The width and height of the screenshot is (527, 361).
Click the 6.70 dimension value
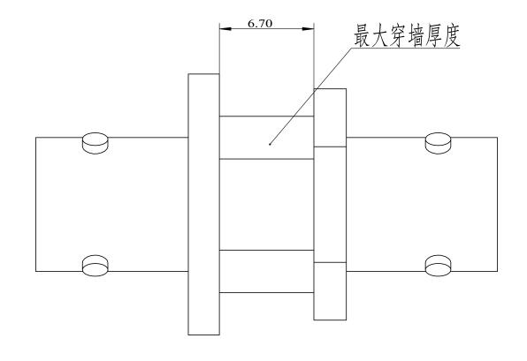tap(260, 24)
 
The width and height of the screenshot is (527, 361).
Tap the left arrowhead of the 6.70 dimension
tap(225, 29)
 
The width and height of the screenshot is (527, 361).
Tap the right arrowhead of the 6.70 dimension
tap(308, 29)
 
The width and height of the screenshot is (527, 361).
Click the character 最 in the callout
tap(363, 35)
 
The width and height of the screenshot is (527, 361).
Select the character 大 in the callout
tap(380, 35)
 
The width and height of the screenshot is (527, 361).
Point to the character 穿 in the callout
tap(398, 35)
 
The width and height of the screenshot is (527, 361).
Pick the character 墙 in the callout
tap(416, 35)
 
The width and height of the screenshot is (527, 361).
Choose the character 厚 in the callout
tap(434, 35)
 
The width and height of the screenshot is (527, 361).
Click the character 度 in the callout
tap(452, 35)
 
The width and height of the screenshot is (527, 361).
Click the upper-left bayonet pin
tap(95, 143)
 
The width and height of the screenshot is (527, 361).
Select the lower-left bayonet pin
tap(95, 266)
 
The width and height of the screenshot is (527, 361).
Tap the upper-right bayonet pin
tap(438, 143)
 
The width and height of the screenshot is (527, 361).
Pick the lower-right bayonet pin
tap(438, 266)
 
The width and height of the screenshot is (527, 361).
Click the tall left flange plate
tap(203, 204)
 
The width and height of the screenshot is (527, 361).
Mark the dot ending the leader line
tap(270, 144)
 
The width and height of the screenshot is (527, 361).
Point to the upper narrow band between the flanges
tap(266, 138)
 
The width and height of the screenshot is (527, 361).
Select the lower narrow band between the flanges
tap(266, 271)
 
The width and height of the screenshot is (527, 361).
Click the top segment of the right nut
tap(330, 117)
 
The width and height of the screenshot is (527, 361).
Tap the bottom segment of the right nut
tap(330, 291)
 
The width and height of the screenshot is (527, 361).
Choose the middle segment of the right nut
tap(330, 205)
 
